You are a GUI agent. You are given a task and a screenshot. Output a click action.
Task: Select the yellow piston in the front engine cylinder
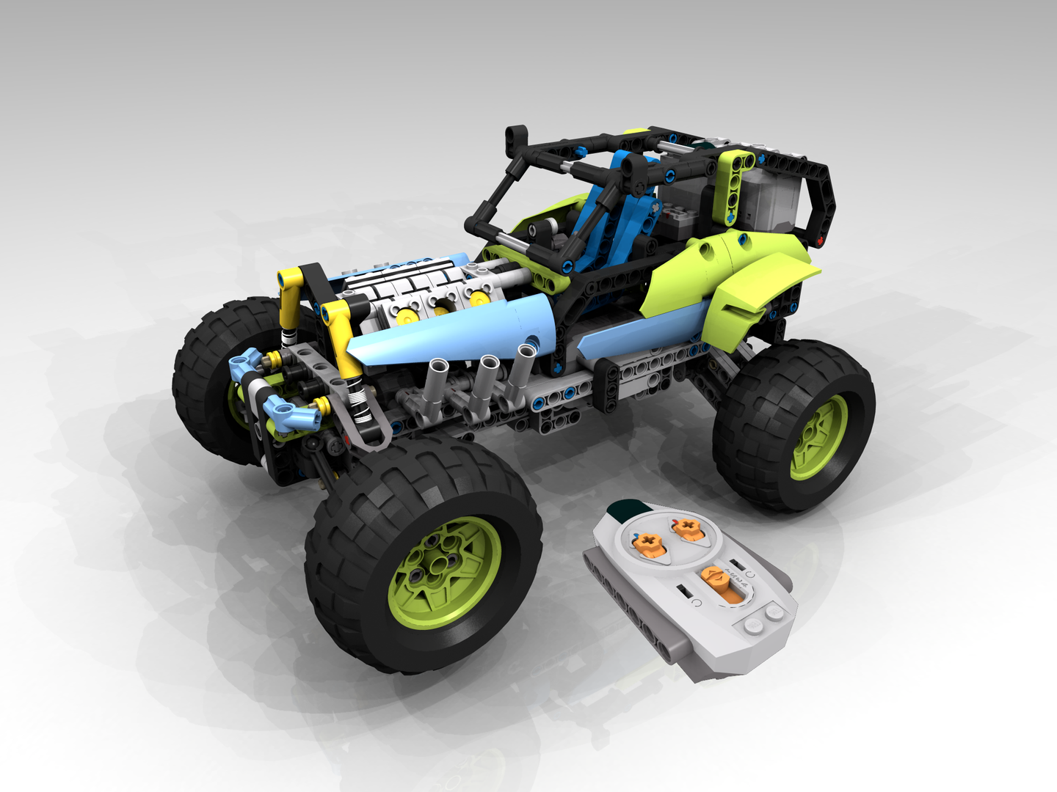405,315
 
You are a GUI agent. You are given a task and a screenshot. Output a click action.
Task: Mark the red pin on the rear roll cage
820,240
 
